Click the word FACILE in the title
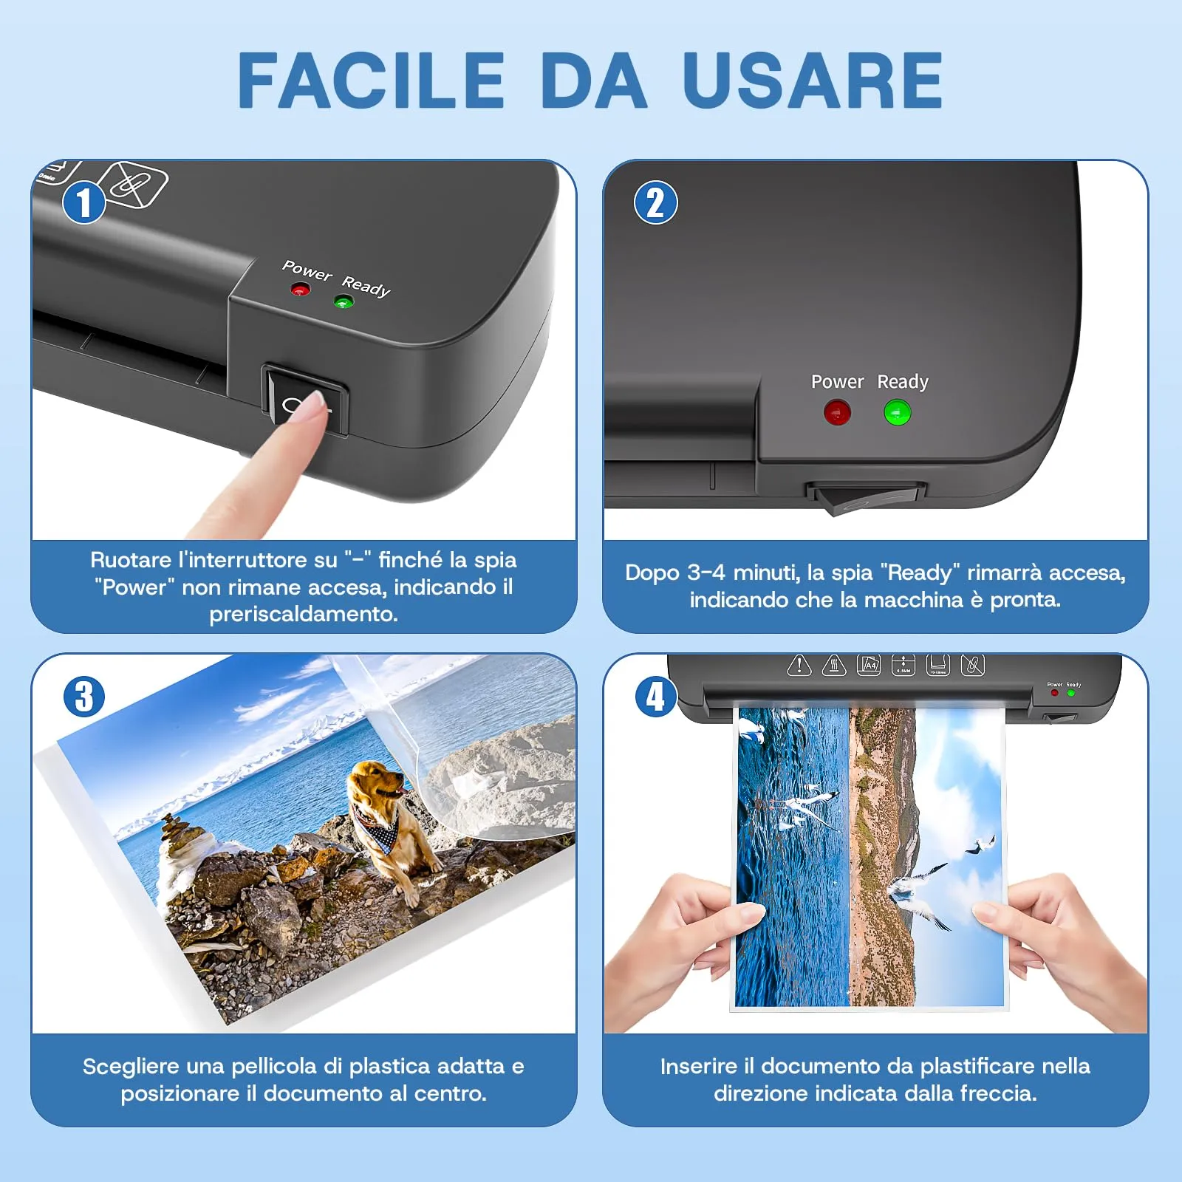pos(371,81)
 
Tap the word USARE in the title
pos(813,81)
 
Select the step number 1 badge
pos(83,202)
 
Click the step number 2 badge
pos(655,202)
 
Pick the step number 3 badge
pos(83,697)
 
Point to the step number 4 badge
pos(655,697)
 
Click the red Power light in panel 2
pos(837,412)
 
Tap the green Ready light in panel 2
pos(898,412)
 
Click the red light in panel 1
pos(299,290)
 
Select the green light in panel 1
pos(344,301)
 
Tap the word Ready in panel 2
pos(903,382)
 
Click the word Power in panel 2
pos(837,381)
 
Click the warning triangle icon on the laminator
pos(799,665)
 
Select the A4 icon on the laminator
pos(868,664)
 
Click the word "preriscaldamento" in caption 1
pos(304,614)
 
